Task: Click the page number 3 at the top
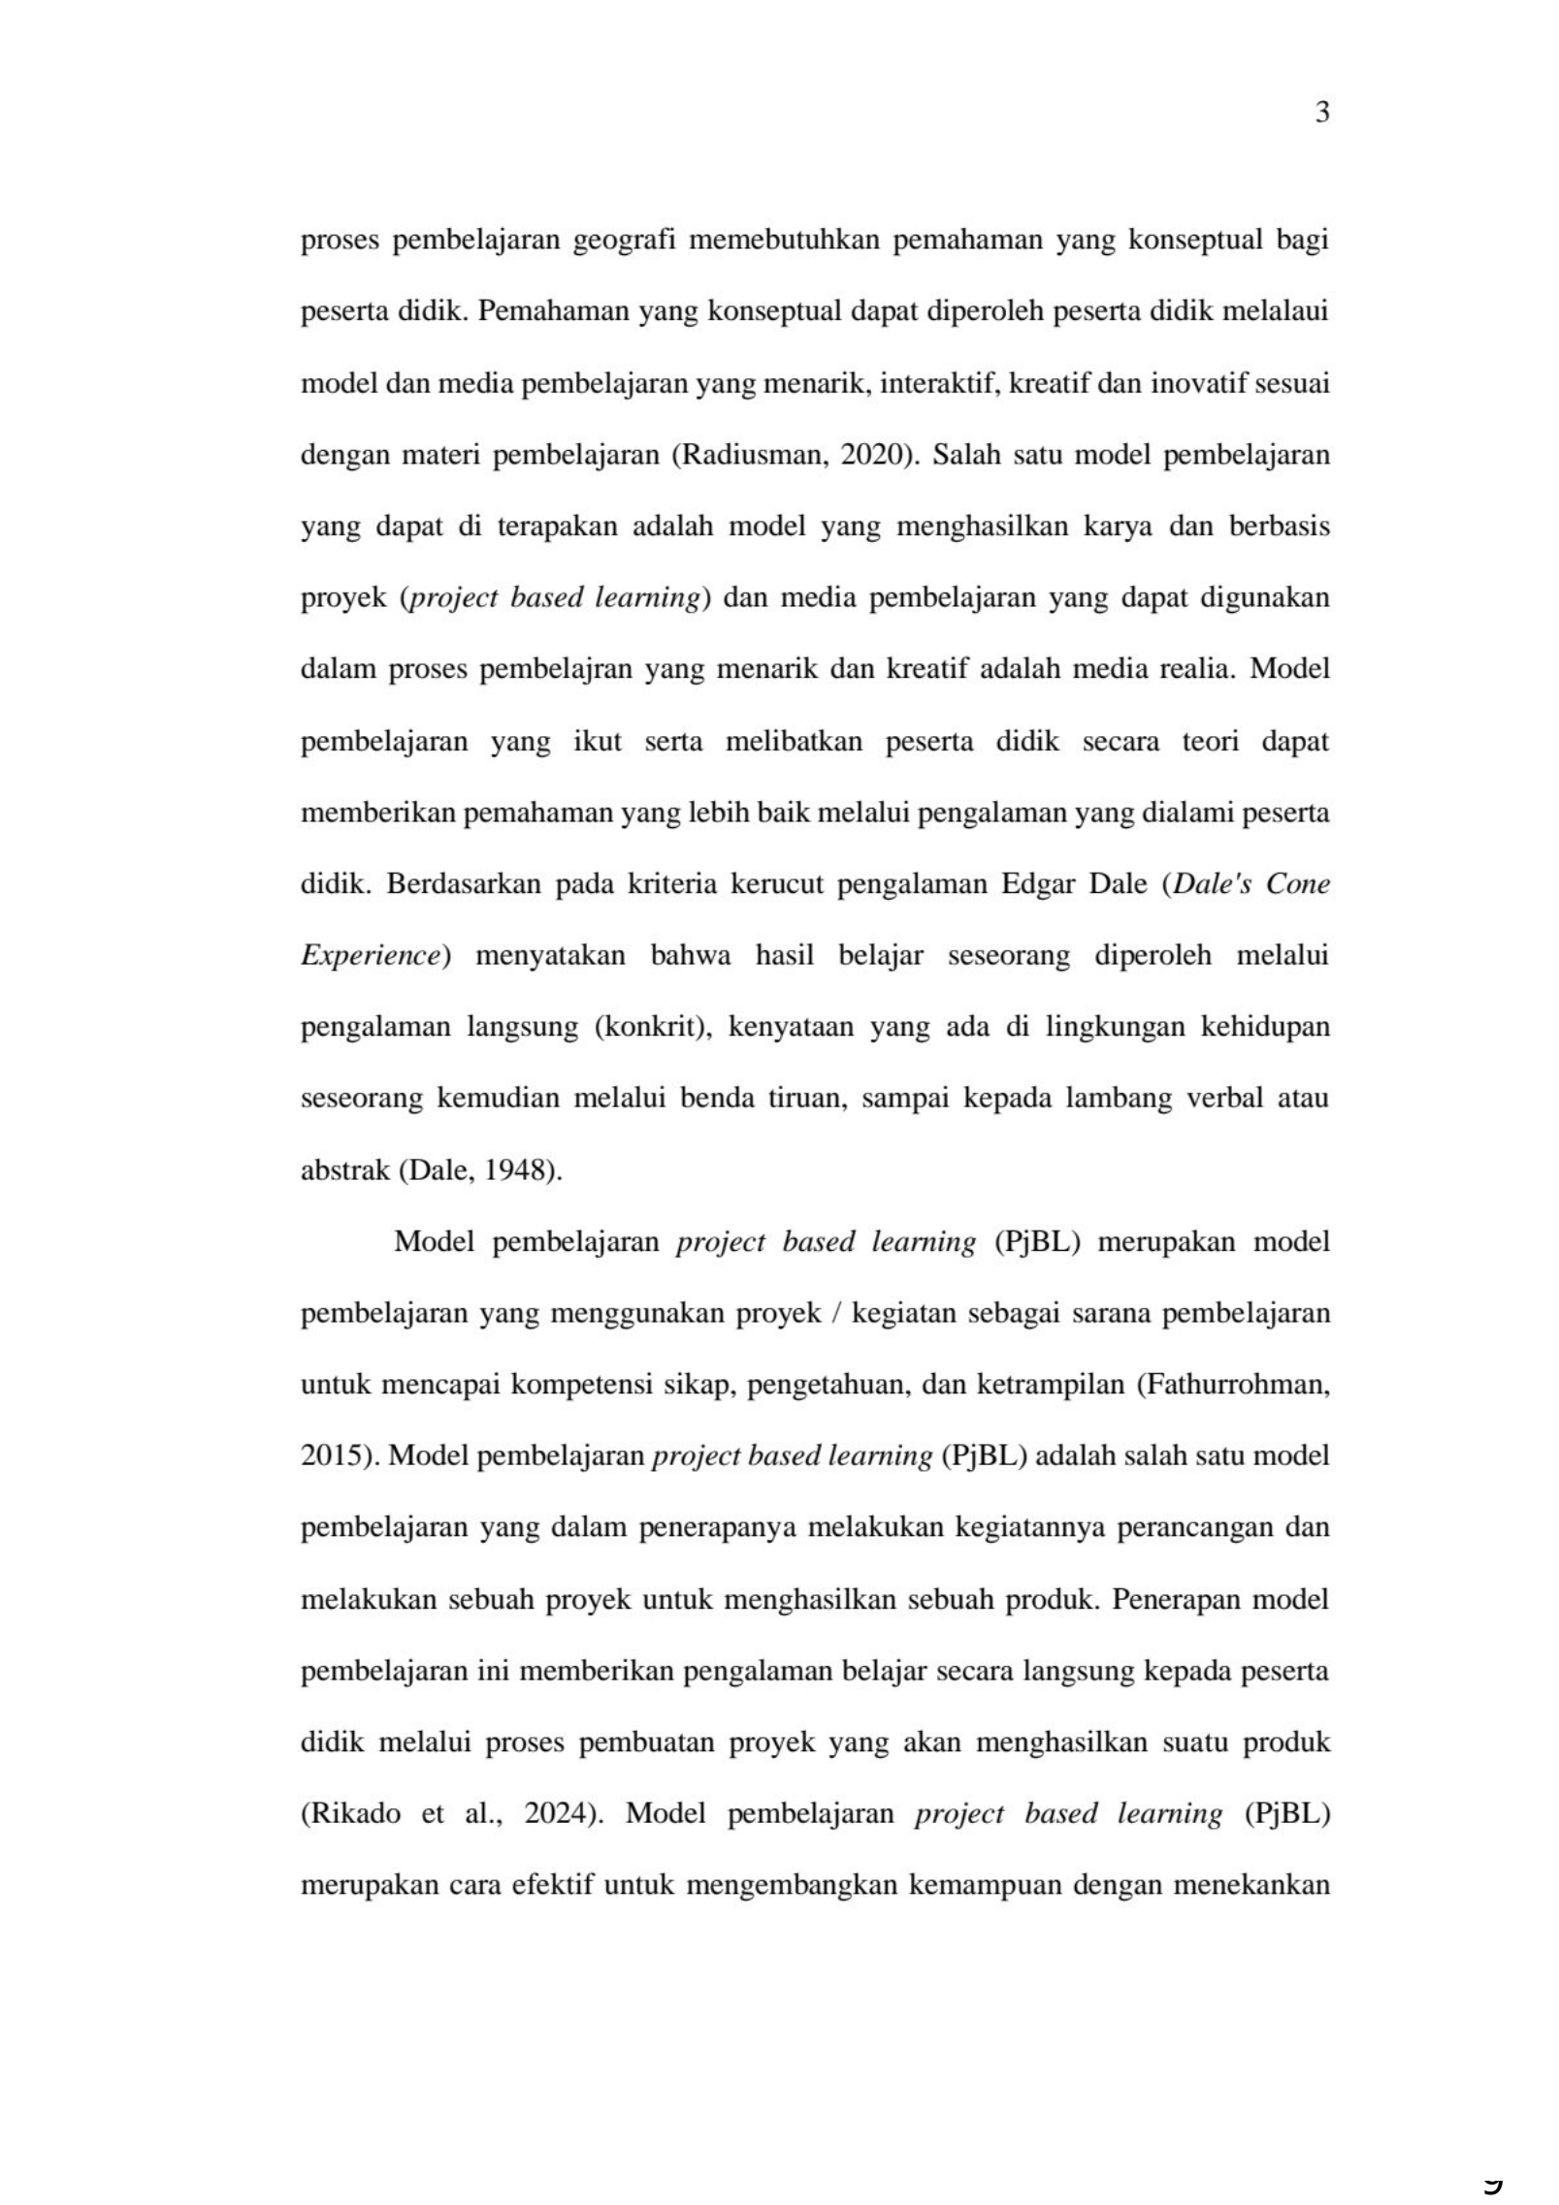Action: (1321, 113)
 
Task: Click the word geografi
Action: (624, 240)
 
